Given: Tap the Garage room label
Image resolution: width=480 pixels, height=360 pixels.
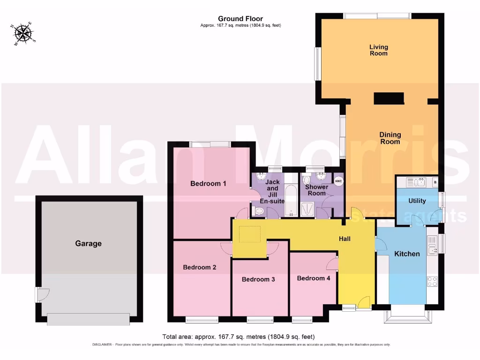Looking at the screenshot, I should coord(88,243).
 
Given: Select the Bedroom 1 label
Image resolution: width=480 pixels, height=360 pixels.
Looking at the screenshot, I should coord(208,184).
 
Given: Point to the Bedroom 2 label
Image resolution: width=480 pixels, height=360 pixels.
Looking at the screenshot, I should coord(199,267).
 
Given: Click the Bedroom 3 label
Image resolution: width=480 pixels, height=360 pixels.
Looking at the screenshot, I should coord(258,279).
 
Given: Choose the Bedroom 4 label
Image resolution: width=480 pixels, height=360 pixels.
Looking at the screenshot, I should coord(314,278).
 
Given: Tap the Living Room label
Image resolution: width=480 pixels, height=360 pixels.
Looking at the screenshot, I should coord(378,50).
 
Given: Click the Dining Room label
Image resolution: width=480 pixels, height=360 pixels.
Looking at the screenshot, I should coord(390,138).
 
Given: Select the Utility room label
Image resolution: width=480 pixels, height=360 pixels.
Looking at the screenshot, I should coord(417,201).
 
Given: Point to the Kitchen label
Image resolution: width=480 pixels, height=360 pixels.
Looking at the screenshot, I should coord(406,254).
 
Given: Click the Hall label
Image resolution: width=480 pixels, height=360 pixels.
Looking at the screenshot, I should coord(345,239).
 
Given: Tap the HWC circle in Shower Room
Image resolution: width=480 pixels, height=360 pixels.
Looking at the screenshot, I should coord(338,180).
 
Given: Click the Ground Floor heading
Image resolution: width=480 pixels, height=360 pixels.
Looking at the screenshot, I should coord(240,19).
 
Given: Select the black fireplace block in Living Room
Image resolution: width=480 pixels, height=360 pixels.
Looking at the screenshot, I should coord(389,98).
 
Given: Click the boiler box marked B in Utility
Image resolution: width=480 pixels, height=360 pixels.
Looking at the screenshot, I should coord(435,182).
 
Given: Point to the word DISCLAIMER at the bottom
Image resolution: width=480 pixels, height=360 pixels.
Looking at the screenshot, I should coord(101,345).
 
